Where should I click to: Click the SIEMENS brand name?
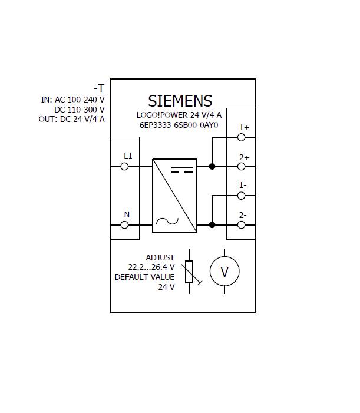[x=180, y=101]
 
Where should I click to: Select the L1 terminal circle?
[x=124, y=167]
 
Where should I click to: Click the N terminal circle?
[x=124, y=224]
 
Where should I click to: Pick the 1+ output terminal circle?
[x=241, y=137]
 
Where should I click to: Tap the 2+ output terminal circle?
[x=241, y=167]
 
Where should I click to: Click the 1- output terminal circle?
[x=241, y=196]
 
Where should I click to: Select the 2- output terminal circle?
[x=241, y=224]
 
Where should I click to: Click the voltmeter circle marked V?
[x=224, y=272]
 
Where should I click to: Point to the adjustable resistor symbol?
[x=189, y=272]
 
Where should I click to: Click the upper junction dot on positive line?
[x=212, y=167]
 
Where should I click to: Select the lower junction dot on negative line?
[x=212, y=224]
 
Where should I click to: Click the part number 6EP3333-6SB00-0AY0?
[x=179, y=125]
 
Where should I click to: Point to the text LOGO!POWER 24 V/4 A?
[x=179, y=115]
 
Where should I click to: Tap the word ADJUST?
[x=160, y=257]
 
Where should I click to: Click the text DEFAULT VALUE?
[x=145, y=277]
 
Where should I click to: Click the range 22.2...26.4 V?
[x=151, y=267]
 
